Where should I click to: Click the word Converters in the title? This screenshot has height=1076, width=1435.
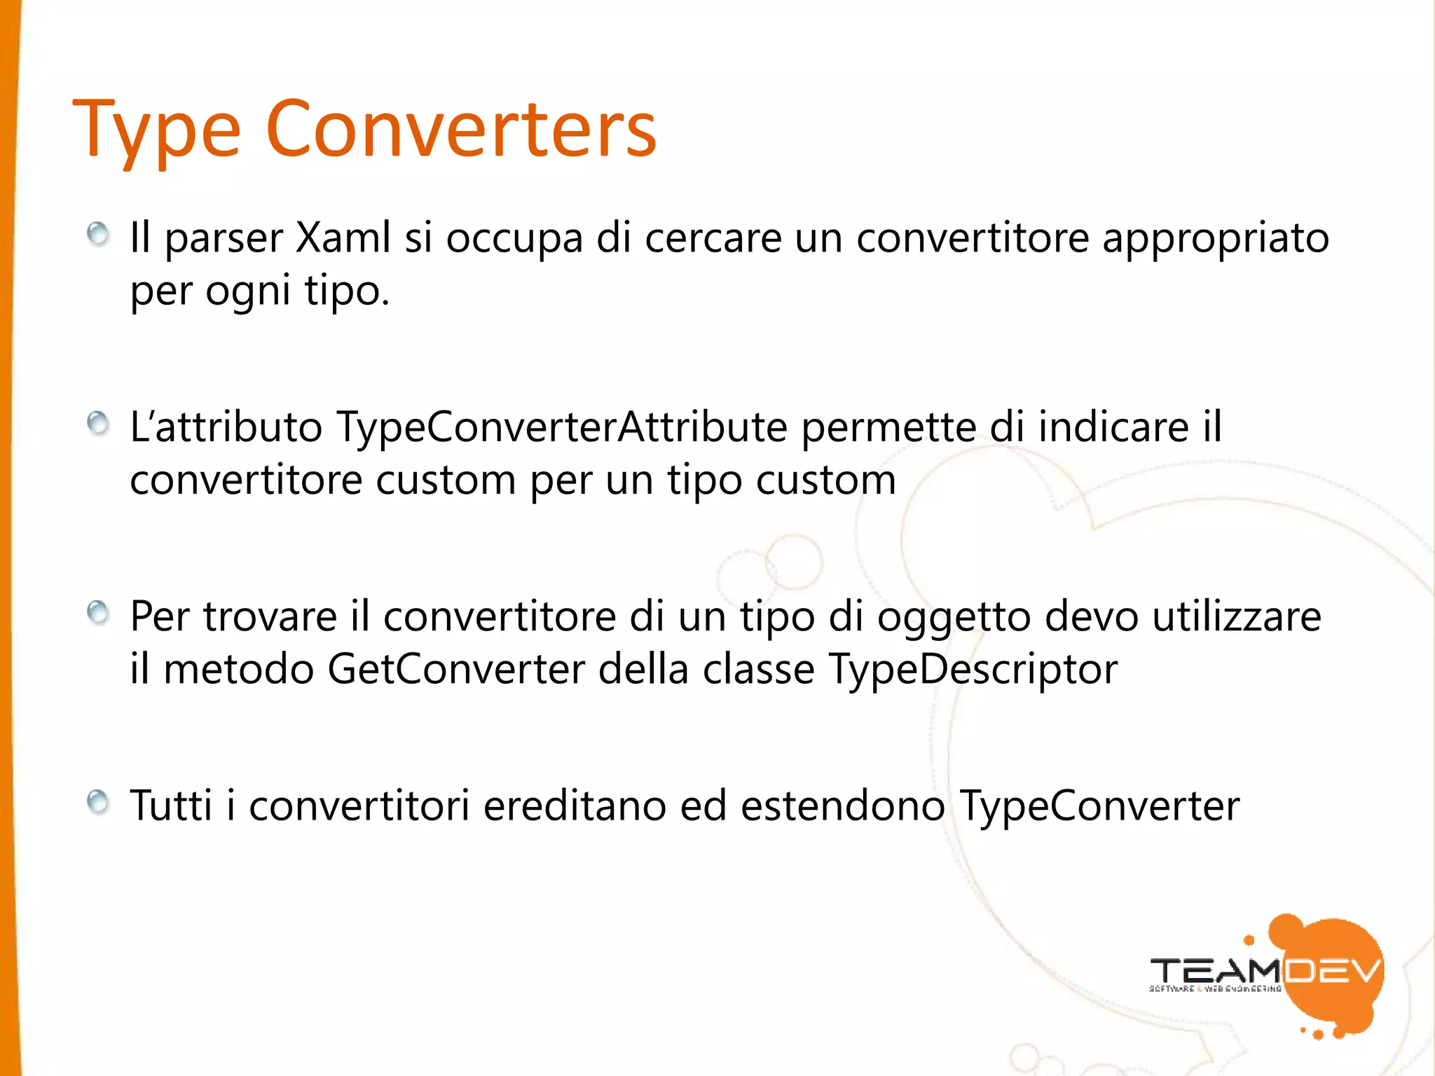pyautogui.click(x=460, y=129)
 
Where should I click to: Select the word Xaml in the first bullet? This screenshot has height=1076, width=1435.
pyautogui.click(x=343, y=238)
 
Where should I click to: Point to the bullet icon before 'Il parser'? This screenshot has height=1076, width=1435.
pyautogui.click(x=98, y=234)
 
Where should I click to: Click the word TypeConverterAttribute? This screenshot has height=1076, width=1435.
pyautogui.click(x=562, y=427)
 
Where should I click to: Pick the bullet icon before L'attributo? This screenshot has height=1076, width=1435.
pyautogui.click(x=98, y=423)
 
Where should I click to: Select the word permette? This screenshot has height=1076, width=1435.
pyautogui.click(x=888, y=427)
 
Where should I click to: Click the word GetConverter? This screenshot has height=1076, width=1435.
pyautogui.click(x=456, y=670)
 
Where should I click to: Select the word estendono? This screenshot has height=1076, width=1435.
pyautogui.click(x=843, y=806)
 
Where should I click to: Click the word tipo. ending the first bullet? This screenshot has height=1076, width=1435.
pyautogui.click(x=346, y=291)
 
